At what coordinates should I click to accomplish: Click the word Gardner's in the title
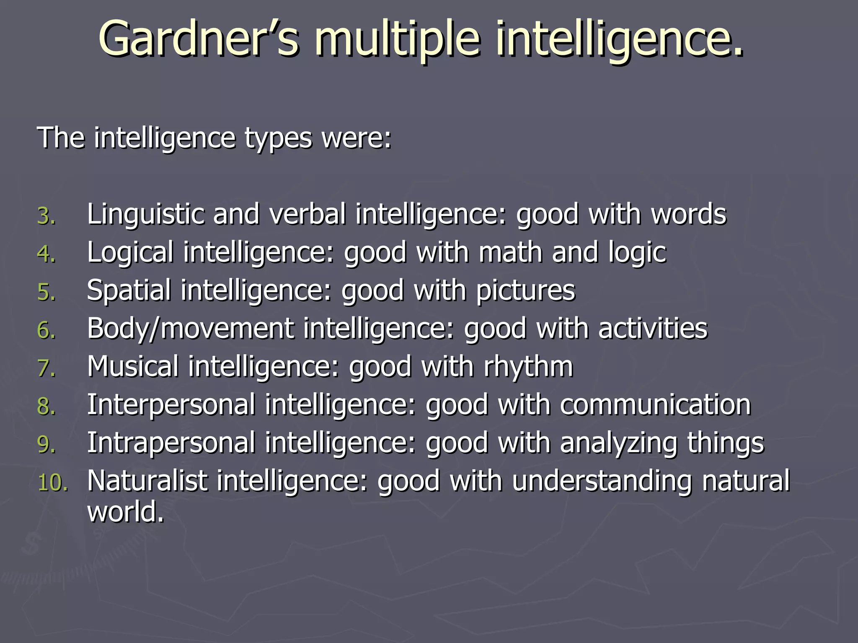pyautogui.click(x=199, y=39)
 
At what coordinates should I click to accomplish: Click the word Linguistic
pyautogui.click(x=145, y=214)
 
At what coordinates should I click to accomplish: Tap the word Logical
pyautogui.click(x=130, y=253)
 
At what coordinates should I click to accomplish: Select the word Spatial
pyautogui.click(x=129, y=291)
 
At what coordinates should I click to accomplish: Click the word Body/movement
pyautogui.click(x=190, y=328)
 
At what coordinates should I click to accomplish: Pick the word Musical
pyautogui.click(x=132, y=367)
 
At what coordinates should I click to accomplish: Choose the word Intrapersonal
pyautogui.click(x=171, y=443)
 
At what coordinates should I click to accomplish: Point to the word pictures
pyautogui.click(x=525, y=291)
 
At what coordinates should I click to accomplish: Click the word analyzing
pyautogui.click(x=618, y=443)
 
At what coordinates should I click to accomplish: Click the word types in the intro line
pyautogui.click(x=278, y=138)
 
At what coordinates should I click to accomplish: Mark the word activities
pyautogui.click(x=653, y=328)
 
